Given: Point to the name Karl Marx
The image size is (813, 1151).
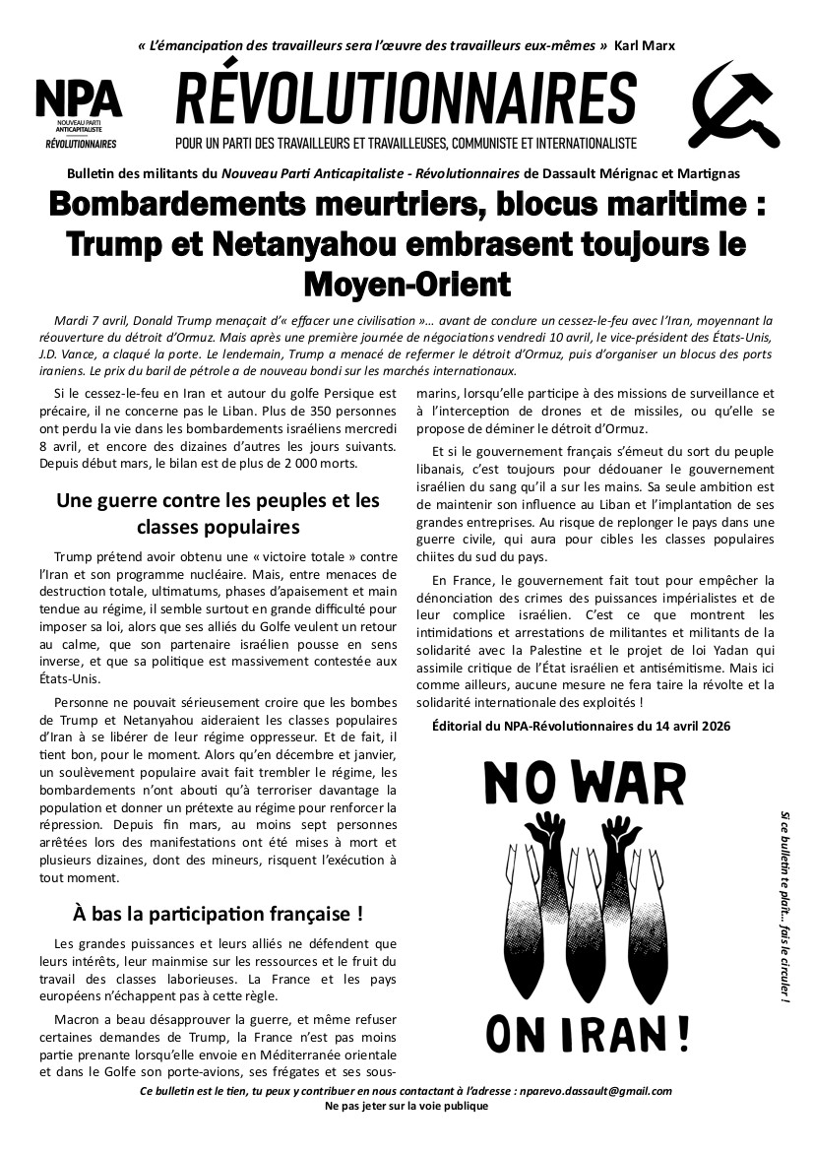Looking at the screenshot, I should pyautogui.click(x=644, y=46).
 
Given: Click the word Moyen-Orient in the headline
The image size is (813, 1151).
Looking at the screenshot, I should pyautogui.click(x=406, y=284).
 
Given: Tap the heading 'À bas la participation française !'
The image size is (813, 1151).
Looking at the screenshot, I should pyautogui.click(x=218, y=913).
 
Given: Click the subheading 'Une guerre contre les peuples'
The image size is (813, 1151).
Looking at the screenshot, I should pyautogui.click(x=218, y=500).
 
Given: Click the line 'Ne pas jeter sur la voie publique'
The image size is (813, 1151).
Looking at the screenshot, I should pyautogui.click(x=406, y=1106).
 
